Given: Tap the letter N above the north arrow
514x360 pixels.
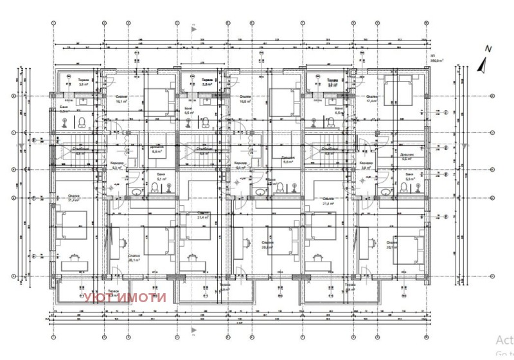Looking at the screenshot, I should coord(488,49).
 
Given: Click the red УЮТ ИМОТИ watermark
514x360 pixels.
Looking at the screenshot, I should coord(125,297).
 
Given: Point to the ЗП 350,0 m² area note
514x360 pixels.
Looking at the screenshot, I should coord(439,60).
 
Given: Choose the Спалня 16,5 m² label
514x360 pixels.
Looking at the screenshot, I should coord(245,100).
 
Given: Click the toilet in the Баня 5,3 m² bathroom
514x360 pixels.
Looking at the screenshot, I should coord(155,188).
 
